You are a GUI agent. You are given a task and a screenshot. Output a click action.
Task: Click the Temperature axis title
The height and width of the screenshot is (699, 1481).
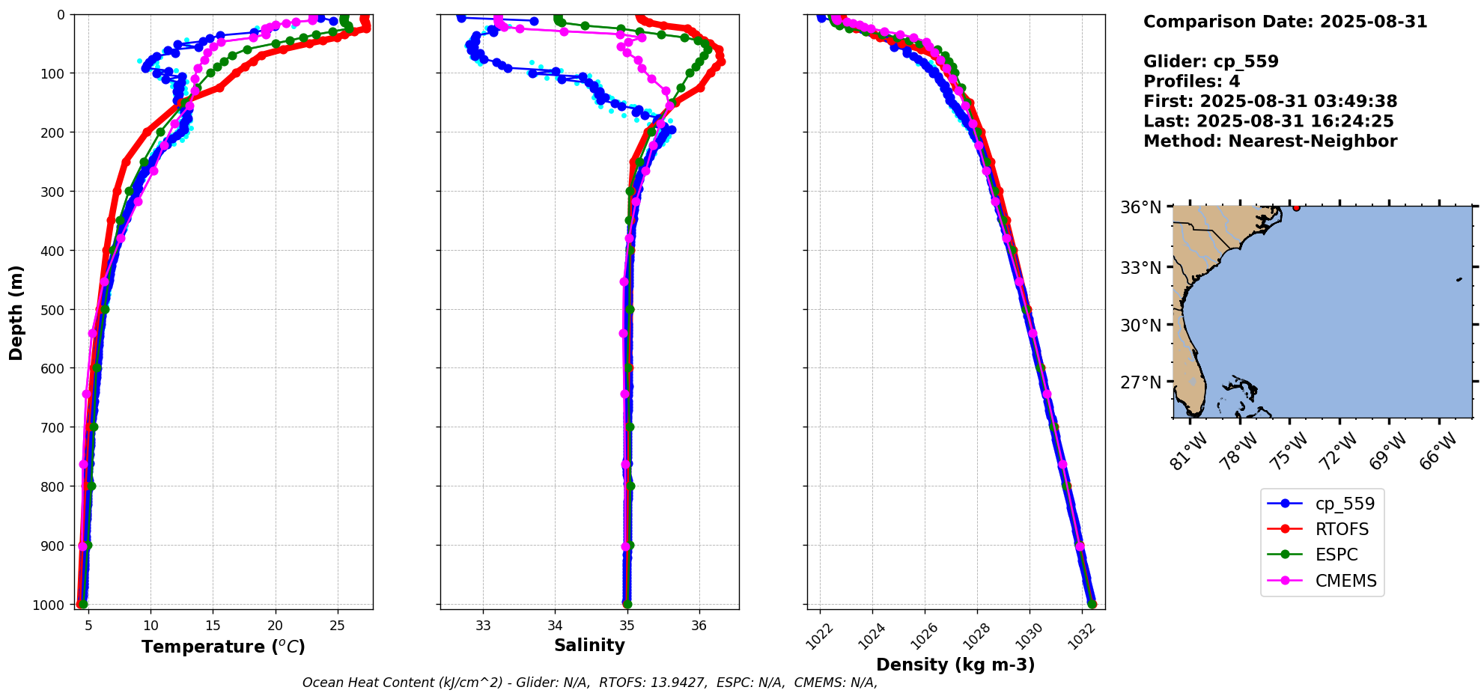(223, 647)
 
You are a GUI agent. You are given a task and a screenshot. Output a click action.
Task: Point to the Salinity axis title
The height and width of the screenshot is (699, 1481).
(589, 645)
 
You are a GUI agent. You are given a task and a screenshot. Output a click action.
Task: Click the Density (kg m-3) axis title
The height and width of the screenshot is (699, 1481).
(955, 665)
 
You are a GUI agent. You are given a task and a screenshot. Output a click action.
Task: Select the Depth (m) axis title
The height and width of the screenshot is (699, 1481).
(16, 312)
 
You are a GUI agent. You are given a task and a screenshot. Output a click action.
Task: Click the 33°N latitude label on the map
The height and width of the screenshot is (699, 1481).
(1141, 267)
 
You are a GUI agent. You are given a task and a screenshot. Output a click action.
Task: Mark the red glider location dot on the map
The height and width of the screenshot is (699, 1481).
(1296, 207)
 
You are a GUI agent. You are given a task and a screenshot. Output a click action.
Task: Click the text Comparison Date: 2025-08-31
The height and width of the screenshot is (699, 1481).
(1285, 22)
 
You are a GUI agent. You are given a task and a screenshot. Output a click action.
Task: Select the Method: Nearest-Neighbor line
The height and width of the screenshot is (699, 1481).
(1270, 141)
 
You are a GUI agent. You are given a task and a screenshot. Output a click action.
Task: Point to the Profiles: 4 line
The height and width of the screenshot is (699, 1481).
(1191, 82)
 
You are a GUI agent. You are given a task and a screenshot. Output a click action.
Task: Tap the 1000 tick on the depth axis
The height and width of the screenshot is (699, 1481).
(49, 605)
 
